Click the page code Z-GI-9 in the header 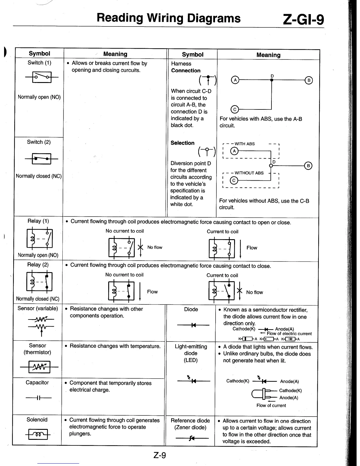tap(303, 19)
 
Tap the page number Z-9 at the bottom tap(160, 455)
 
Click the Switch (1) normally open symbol tap(42, 77)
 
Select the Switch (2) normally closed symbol tap(41, 159)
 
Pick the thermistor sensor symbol tap(39, 367)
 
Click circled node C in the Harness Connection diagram tap(235, 109)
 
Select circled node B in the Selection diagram tap(308, 166)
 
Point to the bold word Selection tap(182, 143)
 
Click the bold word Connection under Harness tap(186, 71)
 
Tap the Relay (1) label tap(38, 221)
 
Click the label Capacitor tap(37, 382)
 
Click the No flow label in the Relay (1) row tap(155, 247)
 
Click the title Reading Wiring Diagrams tap(169, 18)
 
